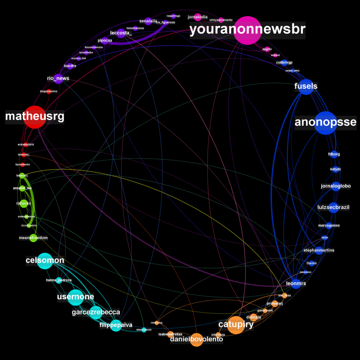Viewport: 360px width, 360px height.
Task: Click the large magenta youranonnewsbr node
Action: pyautogui.click(x=248, y=30)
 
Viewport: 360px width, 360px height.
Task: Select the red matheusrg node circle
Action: pyautogui.click(x=34, y=117)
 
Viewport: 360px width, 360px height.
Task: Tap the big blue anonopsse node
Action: pyautogui.click(x=326, y=122)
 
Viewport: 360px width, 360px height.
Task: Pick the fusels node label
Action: pyautogui.click(x=306, y=86)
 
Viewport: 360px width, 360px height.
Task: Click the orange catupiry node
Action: pyautogui.click(x=236, y=324)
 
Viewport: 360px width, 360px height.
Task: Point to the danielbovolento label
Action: pyautogui.click(x=196, y=340)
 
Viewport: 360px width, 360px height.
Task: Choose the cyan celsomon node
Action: pyautogui.click(x=45, y=261)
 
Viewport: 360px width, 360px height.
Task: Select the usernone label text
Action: pyautogui.click(x=76, y=297)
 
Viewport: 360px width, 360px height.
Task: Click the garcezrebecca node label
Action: pyautogui.click(x=96, y=312)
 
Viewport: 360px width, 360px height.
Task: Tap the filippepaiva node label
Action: pyautogui.click(x=116, y=325)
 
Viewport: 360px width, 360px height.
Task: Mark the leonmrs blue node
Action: pyautogui.click(x=296, y=284)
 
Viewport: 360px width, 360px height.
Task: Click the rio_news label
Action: pyautogui.click(x=58, y=78)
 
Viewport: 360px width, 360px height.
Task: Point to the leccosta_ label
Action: pyautogui.click(x=121, y=33)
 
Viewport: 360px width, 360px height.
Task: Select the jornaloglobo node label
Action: pyautogui.click(x=336, y=186)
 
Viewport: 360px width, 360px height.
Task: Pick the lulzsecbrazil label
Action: pyautogui.click(x=333, y=207)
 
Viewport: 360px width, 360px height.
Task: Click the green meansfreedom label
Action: pyautogui.click(x=33, y=238)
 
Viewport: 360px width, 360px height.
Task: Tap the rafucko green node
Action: pyautogui.click(x=24, y=204)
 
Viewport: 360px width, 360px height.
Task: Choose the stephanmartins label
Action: pyautogui.click(x=319, y=250)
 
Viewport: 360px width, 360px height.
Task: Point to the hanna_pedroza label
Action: pyautogui.click(x=59, y=280)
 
